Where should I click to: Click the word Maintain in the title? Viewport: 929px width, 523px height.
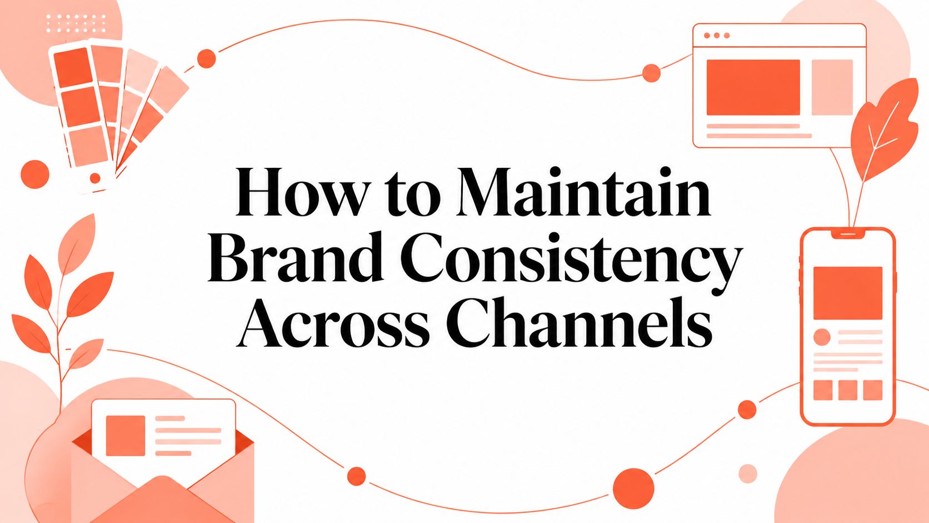(x=583, y=192)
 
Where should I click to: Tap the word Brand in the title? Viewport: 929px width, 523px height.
(x=295, y=257)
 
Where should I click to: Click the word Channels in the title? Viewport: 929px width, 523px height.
(x=579, y=321)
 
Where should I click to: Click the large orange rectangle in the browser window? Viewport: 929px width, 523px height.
(x=753, y=87)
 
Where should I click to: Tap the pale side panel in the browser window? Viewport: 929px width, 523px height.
(x=832, y=87)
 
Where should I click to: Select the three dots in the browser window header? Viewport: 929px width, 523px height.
(x=717, y=36)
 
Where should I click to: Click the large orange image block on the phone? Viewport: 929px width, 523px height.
(x=848, y=293)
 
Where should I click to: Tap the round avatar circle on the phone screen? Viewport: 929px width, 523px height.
(x=822, y=337)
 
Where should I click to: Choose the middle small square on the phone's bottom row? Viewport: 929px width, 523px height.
(x=848, y=390)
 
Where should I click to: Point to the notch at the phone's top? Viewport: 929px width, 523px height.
(x=848, y=235)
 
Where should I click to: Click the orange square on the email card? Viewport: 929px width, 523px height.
(x=126, y=436)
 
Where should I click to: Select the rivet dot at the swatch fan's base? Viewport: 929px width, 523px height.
(x=95, y=178)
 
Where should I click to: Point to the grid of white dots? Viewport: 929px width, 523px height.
(x=76, y=23)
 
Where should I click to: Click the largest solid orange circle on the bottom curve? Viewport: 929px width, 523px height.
(x=633, y=489)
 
